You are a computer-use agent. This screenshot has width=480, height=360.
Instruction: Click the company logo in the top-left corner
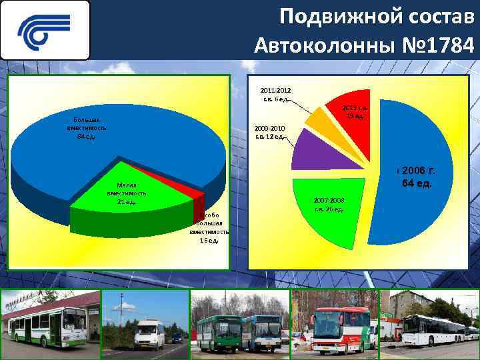(45, 30)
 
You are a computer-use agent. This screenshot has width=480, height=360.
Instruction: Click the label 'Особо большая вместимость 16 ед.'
(209, 227)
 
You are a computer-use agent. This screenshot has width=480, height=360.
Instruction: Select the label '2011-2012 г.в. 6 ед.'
(275, 95)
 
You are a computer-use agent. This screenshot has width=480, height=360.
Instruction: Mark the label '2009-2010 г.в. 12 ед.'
(270, 132)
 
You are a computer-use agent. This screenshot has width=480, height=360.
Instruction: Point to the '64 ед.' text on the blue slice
(417, 183)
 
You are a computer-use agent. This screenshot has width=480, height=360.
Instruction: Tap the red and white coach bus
(336, 329)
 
